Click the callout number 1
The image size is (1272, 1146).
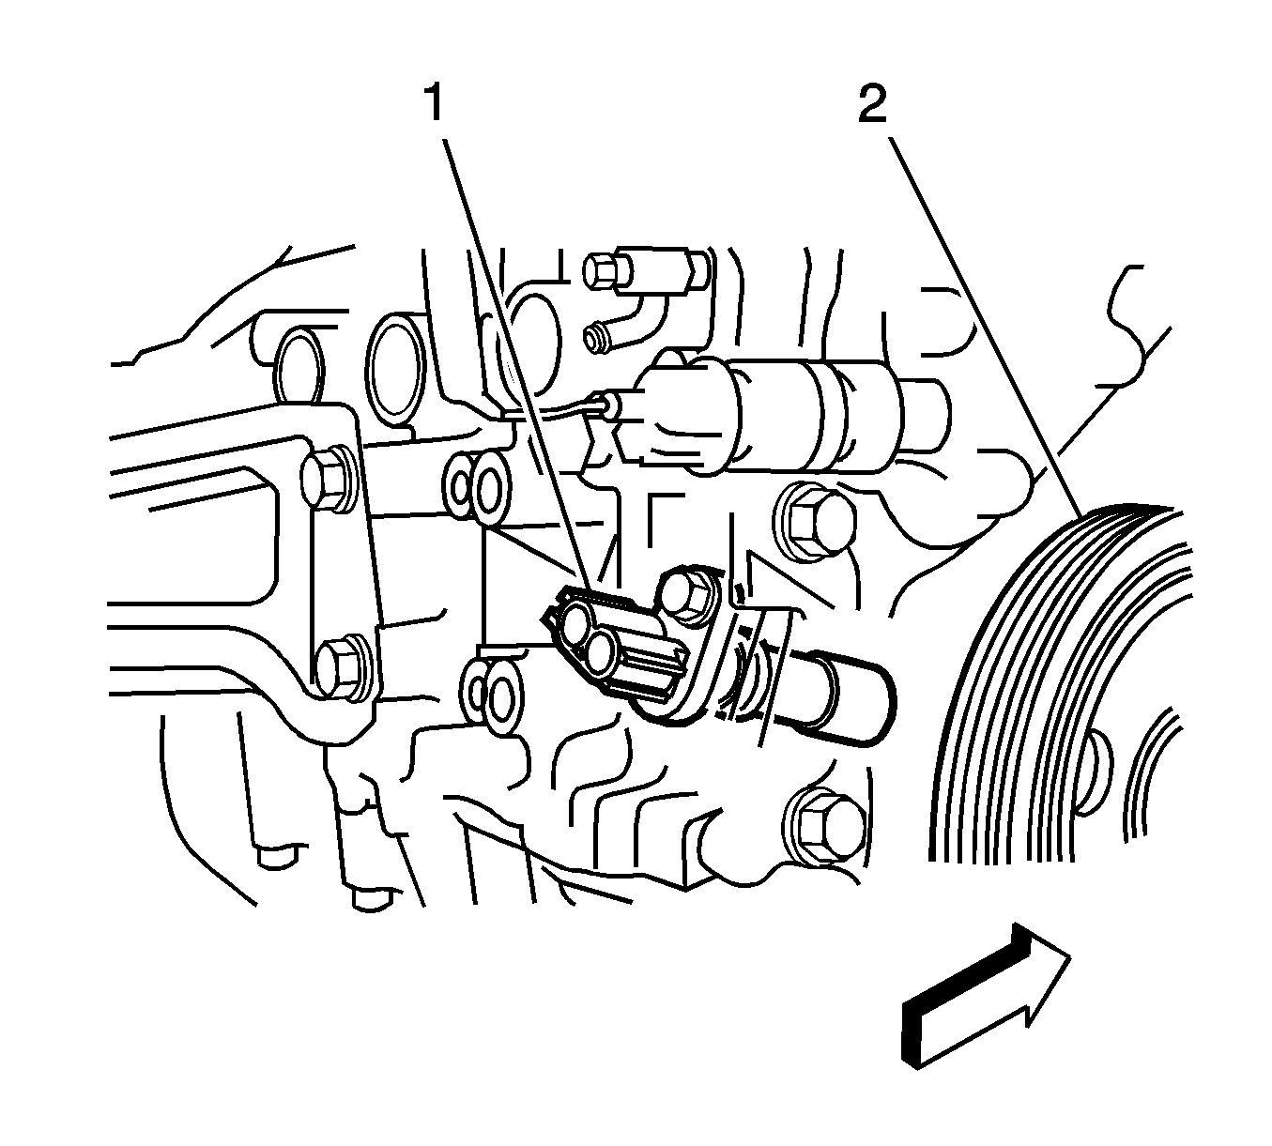click(435, 104)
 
